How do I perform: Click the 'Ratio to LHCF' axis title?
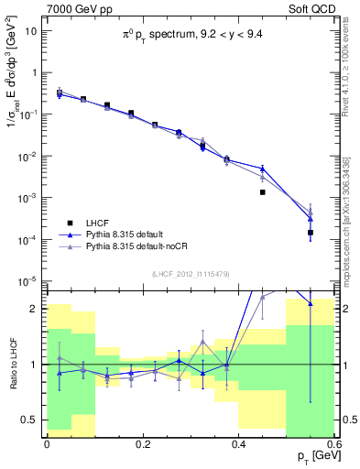tap(12, 364)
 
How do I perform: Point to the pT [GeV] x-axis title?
tap(313, 455)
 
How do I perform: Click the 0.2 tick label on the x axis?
tap(142, 442)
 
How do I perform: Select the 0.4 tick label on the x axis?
tap(238, 442)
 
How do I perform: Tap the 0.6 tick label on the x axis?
tap(334, 442)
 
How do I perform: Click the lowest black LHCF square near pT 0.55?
tap(311, 233)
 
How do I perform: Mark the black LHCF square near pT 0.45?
tap(263, 192)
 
